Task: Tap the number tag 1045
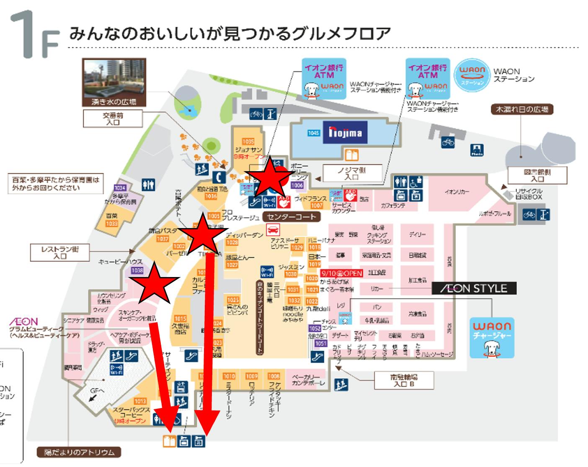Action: pyautogui.click(x=314, y=133)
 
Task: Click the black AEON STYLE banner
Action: pyautogui.click(x=474, y=288)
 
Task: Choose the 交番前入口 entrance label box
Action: pyautogui.click(x=113, y=118)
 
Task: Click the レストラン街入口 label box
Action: pyautogui.click(x=60, y=252)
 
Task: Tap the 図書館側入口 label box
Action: pyautogui.click(x=537, y=175)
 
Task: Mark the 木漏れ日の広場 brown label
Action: pyautogui.click(x=522, y=110)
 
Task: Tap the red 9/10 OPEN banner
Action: pyautogui.click(x=341, y=273)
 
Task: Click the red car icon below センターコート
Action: pyautogui.click(x=273, y=229)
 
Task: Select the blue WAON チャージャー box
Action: pyautogui.click(x=492, y=337)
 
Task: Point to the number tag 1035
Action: pyautogui.click(x=248, y=142)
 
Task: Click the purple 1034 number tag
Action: pyautogui.click(x=120, y=188)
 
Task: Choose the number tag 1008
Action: pyautogui.click(x=273, y=376)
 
